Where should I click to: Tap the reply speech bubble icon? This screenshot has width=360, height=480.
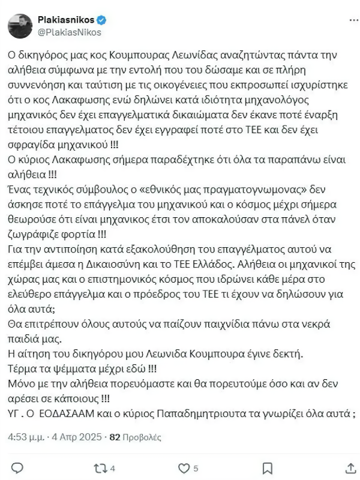click(18, 467)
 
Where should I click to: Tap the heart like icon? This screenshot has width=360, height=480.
click(184, 467)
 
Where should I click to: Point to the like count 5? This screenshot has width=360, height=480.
click(196, 468)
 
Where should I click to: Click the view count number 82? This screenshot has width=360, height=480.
click(115, 438)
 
